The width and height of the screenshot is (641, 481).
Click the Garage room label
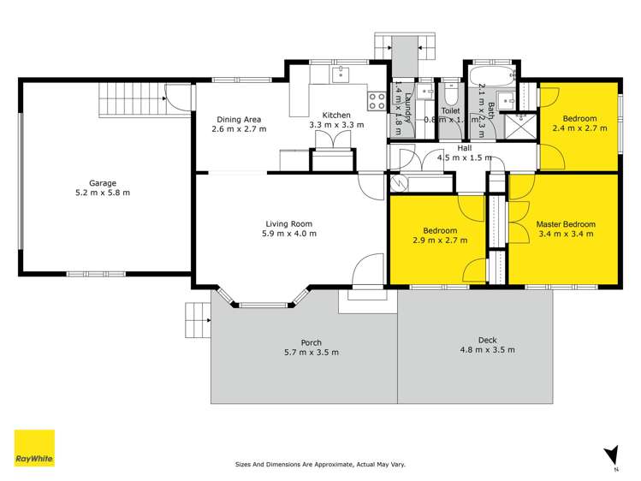103,182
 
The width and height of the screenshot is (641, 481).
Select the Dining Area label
239,119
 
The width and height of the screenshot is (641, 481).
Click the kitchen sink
340,74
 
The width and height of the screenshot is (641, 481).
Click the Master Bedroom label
565,224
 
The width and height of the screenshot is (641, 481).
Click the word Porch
311,342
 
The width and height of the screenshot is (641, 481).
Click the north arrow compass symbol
609,454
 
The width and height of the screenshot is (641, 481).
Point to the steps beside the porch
198,322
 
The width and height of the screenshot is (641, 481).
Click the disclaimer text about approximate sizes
320,465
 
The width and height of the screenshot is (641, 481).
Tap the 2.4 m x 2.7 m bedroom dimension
579,128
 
